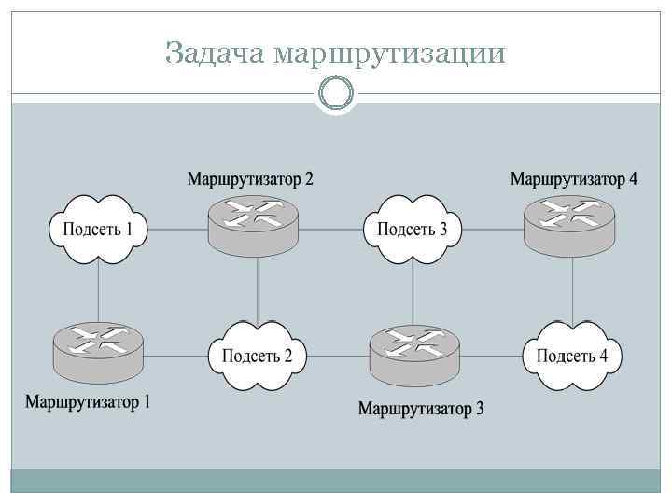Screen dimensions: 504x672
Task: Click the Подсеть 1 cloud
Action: pos(97,229)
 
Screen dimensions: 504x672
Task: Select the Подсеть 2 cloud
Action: pos(257,356)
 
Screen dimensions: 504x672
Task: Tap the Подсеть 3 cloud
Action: pos(412,229)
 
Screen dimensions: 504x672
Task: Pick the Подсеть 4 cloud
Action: pos(572,356)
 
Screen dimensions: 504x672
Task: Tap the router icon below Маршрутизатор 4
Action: pos(569,223)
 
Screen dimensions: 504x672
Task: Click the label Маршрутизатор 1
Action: pos(87,403)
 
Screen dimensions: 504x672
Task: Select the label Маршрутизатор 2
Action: pos(250,178)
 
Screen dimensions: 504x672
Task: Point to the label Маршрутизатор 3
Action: pos(421,409)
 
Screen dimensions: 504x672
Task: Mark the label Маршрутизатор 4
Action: pos(573,178)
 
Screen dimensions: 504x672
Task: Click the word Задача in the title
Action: pos(216,53)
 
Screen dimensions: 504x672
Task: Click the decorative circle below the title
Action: pos(336,93)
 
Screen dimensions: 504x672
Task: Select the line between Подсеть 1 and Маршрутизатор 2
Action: pos(177,230)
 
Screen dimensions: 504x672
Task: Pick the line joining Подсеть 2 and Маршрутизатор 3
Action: pos(337,356)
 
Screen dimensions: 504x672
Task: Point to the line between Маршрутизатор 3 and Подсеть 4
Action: pos(491,356)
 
